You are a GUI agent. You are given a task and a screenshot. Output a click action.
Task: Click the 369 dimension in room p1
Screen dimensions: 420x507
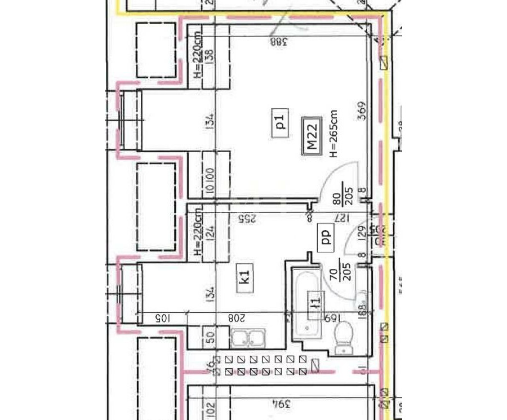362,110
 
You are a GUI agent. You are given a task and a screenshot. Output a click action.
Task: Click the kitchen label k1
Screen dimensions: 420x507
244,279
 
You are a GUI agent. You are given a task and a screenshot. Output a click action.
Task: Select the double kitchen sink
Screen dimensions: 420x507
248,339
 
